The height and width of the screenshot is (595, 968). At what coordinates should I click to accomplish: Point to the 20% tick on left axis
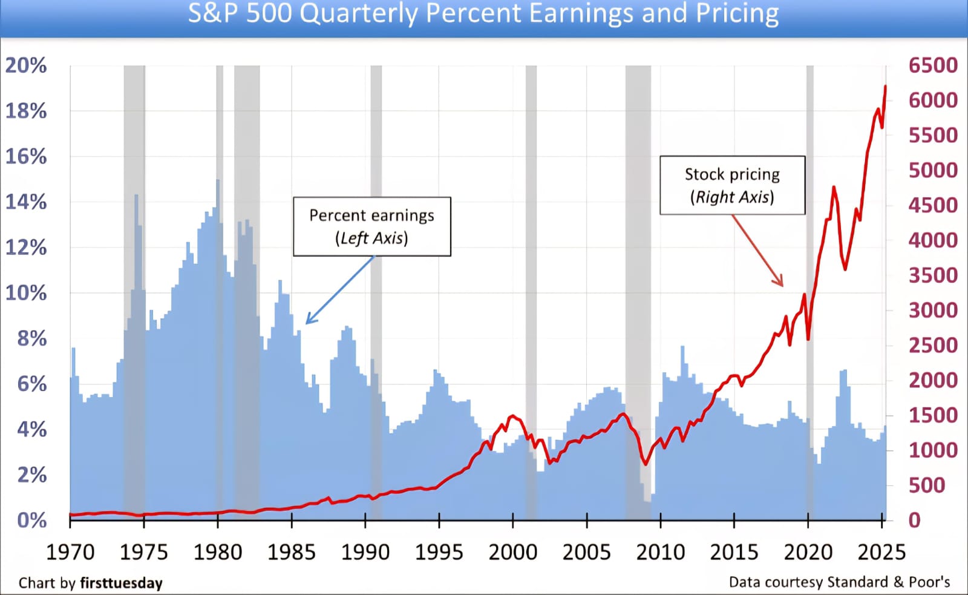[26, 65]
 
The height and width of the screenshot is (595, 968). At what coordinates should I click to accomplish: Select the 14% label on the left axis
[26, 202]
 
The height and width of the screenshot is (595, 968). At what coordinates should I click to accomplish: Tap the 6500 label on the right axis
[933, 65]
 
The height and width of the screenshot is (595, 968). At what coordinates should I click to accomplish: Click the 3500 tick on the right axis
[933, 275]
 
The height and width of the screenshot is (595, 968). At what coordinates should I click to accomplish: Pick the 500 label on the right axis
[926, 485]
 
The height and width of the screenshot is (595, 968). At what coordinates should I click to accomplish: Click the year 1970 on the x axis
[70, 552]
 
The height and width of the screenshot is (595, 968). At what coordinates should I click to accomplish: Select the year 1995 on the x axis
[439, 552]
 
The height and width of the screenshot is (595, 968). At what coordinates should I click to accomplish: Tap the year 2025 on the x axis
[881, 552]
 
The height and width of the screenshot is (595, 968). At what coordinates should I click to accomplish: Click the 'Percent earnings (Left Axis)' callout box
[371, 226]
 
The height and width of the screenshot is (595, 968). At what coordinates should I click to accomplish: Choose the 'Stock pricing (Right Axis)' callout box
[732, 185]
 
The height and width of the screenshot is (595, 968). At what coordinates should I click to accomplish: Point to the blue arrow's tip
[307, 323]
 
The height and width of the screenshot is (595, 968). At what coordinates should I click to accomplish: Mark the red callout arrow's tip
[782, 285]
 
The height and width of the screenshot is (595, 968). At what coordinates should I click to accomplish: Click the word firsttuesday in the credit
[121, 583]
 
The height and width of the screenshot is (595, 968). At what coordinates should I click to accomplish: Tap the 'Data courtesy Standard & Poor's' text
[839, 582]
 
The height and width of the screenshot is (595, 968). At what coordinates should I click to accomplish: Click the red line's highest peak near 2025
[886, 87]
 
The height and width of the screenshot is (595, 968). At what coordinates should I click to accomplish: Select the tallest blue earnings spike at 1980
[218, 180]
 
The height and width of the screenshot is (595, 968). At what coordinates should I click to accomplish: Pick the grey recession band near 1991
[376, 291]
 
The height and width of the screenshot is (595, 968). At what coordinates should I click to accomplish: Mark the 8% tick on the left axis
[31, 338]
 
